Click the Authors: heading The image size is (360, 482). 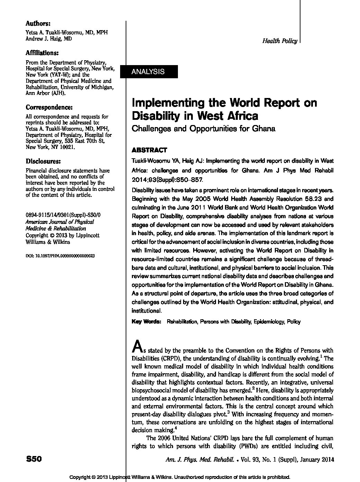38,24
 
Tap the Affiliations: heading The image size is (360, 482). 42,53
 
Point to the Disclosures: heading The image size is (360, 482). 44,161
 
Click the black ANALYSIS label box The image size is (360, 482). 149,72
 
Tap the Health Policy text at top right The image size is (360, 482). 280,41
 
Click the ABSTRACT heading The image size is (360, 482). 149,150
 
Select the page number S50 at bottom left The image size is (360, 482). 34,459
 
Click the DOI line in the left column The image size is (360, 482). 60,256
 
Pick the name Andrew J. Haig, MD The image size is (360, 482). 49,39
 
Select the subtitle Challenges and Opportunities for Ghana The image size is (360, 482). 204,129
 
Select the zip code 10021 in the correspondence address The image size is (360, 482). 66,147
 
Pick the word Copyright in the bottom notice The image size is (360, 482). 82,477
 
